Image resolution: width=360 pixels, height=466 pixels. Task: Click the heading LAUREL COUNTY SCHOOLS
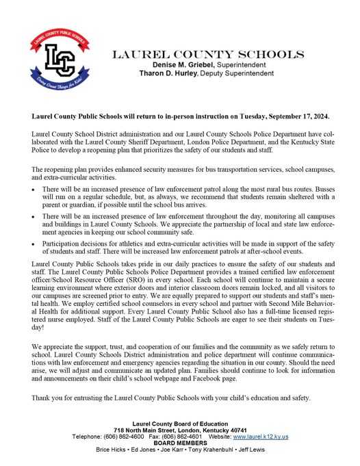coord(208,53)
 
